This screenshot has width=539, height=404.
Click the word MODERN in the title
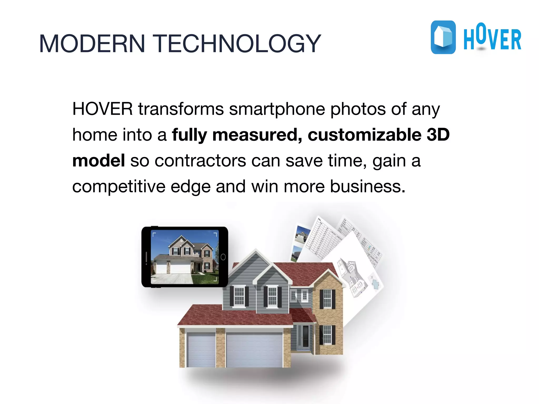[x=92, y=43]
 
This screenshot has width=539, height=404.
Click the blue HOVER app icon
[x=443, y=37]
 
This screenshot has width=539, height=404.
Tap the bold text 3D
[x=438, y=135]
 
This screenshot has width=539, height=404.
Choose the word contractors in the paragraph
[x=200, y=161]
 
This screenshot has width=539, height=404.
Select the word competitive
[x=119, y=187]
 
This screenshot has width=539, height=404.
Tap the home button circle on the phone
[x=223, y=257]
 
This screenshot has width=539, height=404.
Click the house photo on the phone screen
[x=185, y=257]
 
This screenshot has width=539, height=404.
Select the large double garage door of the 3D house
[x=254, y=350]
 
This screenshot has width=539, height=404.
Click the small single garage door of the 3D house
[x=201, y=350]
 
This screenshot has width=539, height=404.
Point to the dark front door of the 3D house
[x=306, y=336]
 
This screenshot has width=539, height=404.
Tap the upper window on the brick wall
[x=327, y=299]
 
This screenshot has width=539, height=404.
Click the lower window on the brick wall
[x=327, y=335]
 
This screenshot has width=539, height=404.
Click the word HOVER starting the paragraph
[x=102, y=109]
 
